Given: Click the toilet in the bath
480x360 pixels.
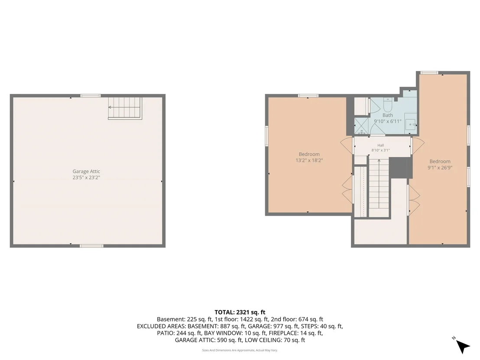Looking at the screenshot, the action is coord(388,104).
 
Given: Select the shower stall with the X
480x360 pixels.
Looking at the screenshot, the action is coord(362,126).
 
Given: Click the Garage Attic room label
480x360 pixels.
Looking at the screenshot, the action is coord(86,172).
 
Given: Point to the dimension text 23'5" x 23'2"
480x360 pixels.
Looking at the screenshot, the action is coord(86,178).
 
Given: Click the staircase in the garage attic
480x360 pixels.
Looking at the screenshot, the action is coord(125,108).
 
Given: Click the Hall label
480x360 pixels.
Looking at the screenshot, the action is coord(380,146).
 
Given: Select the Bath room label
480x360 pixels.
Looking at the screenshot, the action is coord(388,115).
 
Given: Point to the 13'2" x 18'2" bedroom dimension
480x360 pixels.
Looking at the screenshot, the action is coord(309,160).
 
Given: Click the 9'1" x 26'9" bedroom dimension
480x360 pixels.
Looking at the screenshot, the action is coord(440,168).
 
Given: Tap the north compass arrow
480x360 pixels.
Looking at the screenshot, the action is coord(463,347).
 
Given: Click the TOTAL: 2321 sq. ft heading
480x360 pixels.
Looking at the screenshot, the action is coord(240,312).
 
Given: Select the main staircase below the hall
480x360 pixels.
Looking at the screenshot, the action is coord(379,187).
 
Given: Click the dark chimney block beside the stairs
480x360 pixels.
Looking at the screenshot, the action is coord(400,168).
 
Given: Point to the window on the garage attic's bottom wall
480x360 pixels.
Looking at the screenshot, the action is coord(91,246).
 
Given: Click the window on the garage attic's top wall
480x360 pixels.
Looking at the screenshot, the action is coord(91,96).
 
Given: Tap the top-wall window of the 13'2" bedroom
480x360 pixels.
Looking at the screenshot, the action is coord(308,96).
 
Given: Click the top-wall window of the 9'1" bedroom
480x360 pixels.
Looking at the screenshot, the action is coord(429,72).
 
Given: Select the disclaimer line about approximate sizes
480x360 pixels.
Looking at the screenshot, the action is coord(240,350).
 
